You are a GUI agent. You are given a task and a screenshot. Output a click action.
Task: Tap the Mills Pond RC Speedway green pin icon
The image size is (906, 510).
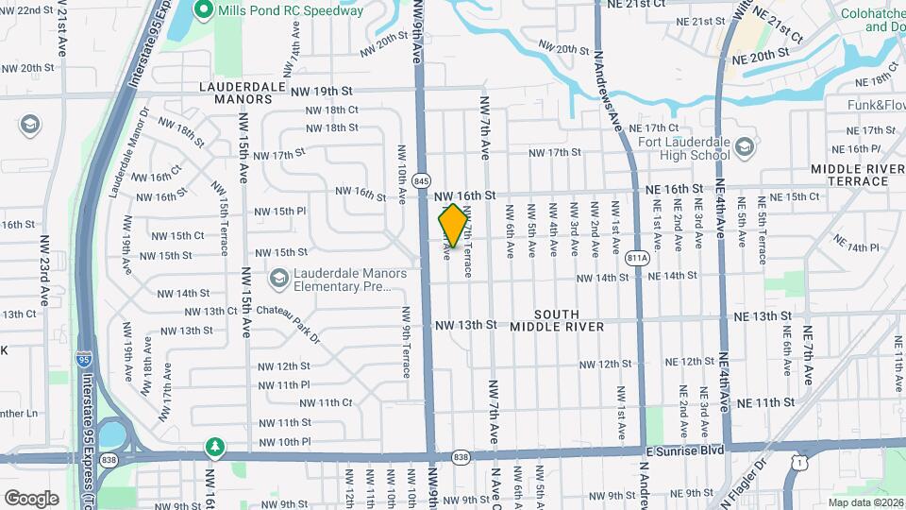point(202,10)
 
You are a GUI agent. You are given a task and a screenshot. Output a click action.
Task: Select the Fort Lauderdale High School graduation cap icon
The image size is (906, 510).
point(746,147)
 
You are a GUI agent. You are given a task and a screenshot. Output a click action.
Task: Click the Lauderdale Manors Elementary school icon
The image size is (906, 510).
point(278,278)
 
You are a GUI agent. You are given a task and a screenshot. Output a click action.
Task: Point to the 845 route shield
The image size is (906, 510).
point(422,180)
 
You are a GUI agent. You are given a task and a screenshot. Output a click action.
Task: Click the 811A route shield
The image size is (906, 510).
point(638,257)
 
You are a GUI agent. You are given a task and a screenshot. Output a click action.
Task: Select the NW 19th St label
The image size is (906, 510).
point(321,92)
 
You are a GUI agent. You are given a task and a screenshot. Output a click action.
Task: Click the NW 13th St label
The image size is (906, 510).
point(465,325)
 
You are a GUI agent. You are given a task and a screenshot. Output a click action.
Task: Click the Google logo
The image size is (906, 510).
point(31,498)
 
